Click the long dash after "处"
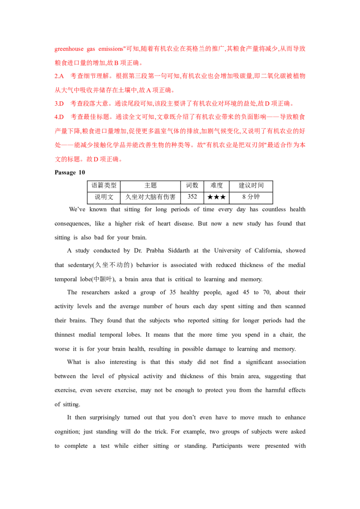(62, 146)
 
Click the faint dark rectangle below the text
(70, 173)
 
